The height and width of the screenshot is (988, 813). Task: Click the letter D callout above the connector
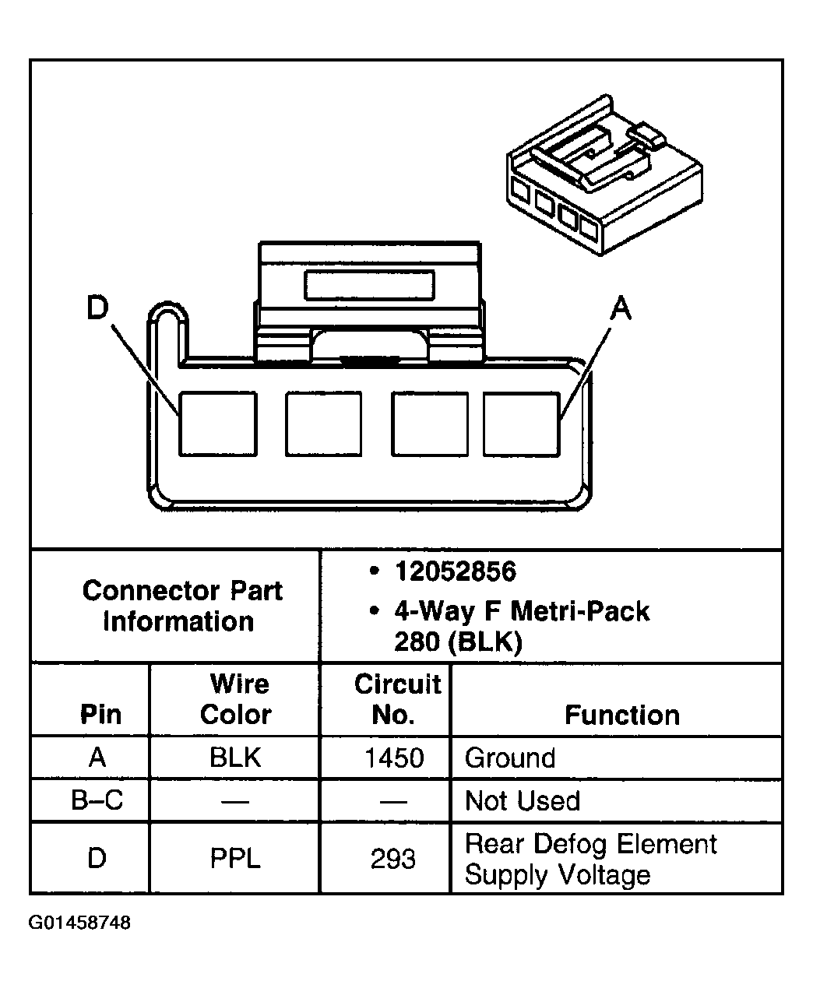pos(97,309)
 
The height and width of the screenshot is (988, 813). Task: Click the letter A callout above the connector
pos(620,310)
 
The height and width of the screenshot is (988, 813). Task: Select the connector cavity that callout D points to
pos(218,424)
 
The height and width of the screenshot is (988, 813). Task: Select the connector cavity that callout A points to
pos(521,424)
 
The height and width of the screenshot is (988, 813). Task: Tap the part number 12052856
pos(455,572)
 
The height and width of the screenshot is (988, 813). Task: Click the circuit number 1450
pos(394,758)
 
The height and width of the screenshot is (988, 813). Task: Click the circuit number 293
pos(393,859)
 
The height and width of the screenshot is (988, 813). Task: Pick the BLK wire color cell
pos(235,758)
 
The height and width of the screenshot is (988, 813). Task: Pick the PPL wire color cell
pos(235,859)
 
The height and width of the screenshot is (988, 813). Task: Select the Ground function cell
pos(510,758)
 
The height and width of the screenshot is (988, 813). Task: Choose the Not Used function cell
pos(522,801)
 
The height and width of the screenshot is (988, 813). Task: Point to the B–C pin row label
pos(97,801)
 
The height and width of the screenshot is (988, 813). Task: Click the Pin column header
pos(100,715)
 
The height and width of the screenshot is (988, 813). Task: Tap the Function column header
pos(621,715)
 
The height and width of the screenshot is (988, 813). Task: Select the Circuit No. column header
pos(396,699)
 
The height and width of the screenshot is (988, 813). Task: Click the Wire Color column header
pos(237,699)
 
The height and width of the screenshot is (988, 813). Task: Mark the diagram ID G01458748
pos(80,923)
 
